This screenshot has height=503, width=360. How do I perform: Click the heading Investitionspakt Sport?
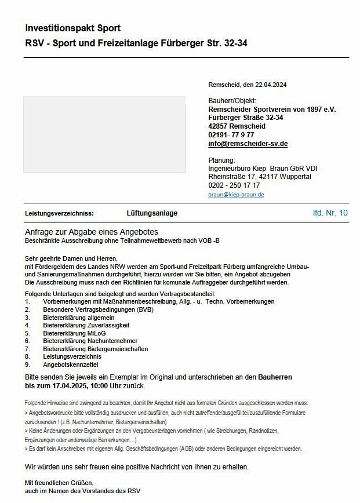click(73, 28)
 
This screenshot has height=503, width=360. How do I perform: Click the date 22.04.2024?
click(271, 85)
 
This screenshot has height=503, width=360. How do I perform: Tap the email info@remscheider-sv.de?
click(248, 143)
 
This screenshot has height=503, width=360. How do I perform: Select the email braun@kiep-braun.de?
click(236, 195)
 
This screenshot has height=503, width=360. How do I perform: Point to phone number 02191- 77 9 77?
click(231, 134)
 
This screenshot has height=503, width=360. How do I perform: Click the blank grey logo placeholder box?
click(104, 134)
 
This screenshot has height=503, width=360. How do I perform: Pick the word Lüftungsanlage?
click(152, 213)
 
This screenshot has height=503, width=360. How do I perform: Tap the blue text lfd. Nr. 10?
click(330, 213)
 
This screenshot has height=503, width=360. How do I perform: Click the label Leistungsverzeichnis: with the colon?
click(59, 213)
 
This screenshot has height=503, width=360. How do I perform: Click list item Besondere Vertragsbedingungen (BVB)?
click(97, 309)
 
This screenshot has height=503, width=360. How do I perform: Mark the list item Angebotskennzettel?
click(71, 365)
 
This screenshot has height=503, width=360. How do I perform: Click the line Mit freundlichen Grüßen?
click(59, 482)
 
